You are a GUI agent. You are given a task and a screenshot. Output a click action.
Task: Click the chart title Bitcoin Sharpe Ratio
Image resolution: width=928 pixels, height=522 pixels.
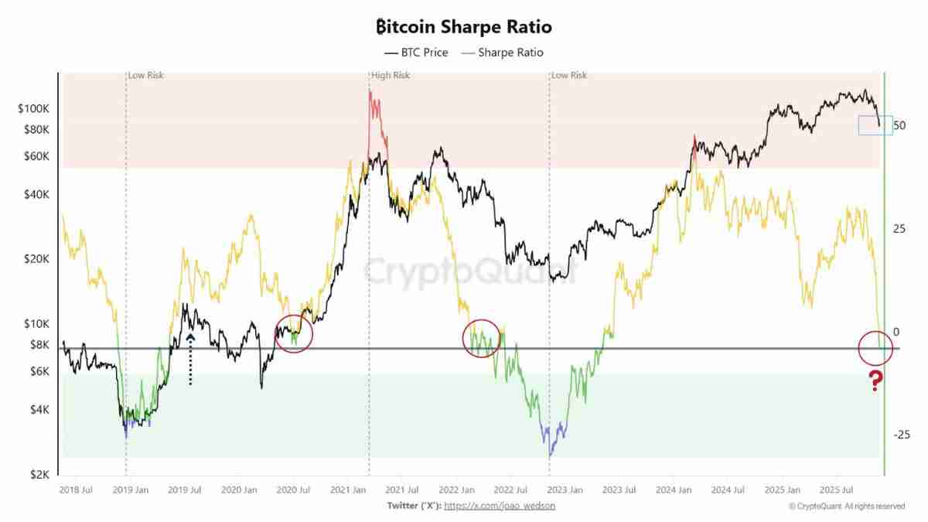[464, 27]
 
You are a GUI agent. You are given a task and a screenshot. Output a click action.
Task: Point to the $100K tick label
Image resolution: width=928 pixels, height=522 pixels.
[34, 108]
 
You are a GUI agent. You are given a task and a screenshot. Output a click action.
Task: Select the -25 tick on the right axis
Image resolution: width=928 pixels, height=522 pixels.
[901, 435]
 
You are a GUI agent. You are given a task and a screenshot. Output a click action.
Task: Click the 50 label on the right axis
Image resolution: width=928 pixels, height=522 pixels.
[899, 125]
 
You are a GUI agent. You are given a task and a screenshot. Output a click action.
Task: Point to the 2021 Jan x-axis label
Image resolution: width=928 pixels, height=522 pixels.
[348, 490]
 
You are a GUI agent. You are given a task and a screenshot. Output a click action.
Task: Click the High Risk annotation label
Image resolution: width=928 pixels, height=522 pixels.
[391, 76]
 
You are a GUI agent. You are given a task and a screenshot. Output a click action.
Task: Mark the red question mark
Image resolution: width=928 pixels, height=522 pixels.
[875, 380]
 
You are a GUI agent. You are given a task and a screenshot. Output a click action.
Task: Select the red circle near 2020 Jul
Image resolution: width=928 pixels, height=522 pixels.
[294, 333]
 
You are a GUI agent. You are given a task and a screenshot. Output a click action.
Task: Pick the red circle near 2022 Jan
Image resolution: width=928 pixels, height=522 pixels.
[483, 338]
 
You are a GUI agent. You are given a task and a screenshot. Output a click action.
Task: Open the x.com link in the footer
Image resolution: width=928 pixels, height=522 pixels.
[499, 506]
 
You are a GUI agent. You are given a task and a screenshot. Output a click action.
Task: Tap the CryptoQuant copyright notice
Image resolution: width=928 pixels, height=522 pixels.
[846, 507]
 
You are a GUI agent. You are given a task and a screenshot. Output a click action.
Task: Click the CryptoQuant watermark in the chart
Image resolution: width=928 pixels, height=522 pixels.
[469, 272]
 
